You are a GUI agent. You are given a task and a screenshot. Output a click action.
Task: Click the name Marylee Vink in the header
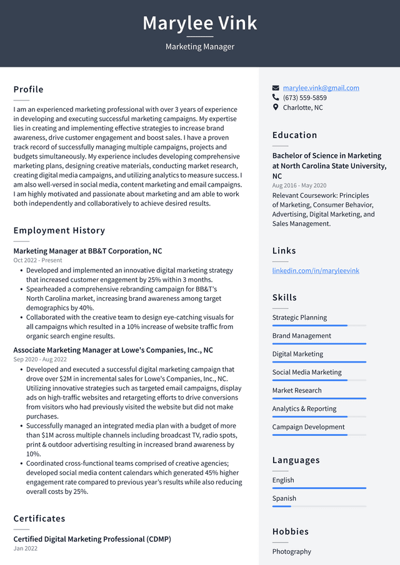(200, 23)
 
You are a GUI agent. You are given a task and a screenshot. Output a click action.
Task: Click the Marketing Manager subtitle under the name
(200, 47)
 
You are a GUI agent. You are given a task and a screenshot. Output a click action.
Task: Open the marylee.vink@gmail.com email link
(321, 88)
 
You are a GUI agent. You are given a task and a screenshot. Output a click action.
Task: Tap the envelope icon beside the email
(276, 88)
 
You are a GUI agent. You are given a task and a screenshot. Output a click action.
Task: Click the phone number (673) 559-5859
(304, 98)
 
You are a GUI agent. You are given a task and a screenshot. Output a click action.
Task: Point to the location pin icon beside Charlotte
(276, 107)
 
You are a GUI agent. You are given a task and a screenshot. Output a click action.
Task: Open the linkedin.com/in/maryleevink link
(316, 271)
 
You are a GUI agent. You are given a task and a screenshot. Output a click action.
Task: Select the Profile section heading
(29, 89)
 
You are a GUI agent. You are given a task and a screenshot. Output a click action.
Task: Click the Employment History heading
(59, 230)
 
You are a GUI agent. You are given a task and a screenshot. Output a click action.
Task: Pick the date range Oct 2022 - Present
(38, 260)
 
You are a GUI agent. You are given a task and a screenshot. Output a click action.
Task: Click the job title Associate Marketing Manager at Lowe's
(113, 350)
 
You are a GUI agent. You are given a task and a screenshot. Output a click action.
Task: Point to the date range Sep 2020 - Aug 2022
(41, 360)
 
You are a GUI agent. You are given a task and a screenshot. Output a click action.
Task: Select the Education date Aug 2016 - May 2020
(299, 185)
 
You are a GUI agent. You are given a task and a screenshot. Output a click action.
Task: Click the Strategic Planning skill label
(299, 318)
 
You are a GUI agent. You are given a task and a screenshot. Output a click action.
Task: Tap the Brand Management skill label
(301, 336)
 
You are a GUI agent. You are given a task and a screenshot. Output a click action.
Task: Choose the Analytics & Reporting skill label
(304, 409)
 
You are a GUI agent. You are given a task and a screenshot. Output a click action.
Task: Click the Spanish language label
(284, 499)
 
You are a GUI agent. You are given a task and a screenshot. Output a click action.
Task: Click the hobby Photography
(291, 552)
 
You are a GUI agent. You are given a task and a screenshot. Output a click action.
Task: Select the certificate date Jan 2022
(26, 549)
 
